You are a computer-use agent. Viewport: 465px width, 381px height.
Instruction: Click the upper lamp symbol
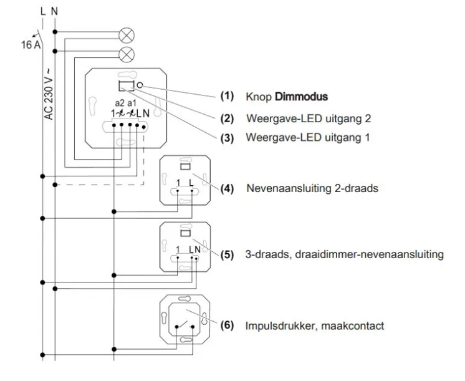coord(127,33)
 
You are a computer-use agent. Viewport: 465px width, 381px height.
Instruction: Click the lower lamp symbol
coord(127,53)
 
